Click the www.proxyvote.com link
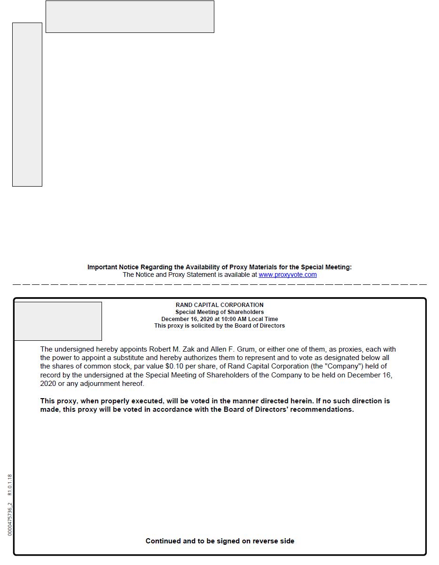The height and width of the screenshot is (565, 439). [287, 275]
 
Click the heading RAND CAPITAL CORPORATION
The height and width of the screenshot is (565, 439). [219, 305]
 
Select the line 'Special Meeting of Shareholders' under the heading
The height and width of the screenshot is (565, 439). [219, 312]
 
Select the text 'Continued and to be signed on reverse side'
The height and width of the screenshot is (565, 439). [219, 541]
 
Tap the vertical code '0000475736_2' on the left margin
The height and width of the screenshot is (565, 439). [10, 519]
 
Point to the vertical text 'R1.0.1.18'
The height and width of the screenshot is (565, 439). [10, 485]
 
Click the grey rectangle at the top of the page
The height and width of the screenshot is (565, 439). [130, 16]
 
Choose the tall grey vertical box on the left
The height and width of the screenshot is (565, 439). [27, 104]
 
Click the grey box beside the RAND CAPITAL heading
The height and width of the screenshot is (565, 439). [58, 321]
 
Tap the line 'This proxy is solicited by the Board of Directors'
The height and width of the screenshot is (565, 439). [219, 326]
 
